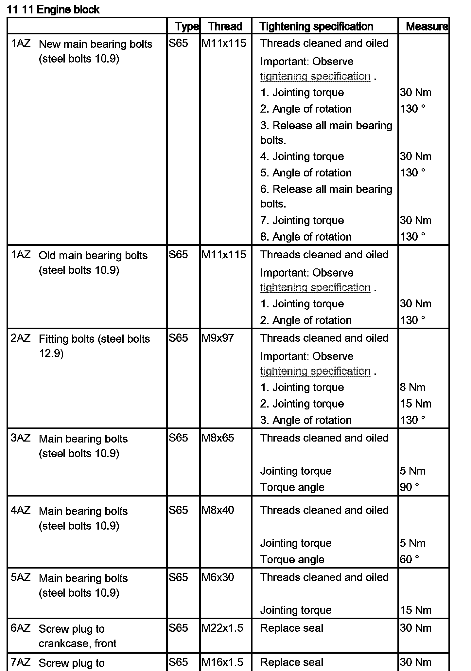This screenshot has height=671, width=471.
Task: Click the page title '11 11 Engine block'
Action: (x=53, y=9)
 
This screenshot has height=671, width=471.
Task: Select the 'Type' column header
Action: (x=186, y=26)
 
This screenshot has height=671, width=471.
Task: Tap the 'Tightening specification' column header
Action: (x=316, y=26)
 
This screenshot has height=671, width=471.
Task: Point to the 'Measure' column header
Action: (x=427, y=26)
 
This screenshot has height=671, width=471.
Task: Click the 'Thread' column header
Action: (x=225, y=26)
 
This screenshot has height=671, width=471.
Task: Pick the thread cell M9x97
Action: (x=218, y=338)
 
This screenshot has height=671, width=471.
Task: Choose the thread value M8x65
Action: (x=218, y=438)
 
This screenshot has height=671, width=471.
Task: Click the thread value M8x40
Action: (x=218, y=510)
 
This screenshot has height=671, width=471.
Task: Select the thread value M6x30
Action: (x=218, y=577)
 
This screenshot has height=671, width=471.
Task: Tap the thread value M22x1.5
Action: (x=222, y=628)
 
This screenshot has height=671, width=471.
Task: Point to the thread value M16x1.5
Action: (x=222, y=662)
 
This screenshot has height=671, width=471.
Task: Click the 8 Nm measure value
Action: (x=412, y=387)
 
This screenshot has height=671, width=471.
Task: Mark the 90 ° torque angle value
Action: (x=409, y=487)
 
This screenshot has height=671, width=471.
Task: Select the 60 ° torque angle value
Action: (x=409, y=559)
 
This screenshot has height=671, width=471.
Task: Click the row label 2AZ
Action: (x=20, y=338)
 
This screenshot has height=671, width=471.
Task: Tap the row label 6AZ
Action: (x=20, y=628)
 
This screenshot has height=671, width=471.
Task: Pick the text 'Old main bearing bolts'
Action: (x=93, y=255)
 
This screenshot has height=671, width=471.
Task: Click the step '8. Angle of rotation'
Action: (x=306, y=237)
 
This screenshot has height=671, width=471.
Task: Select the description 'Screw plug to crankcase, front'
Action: (x=77, y=636)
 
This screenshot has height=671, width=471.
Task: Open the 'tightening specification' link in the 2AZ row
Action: (x=315, y=371)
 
